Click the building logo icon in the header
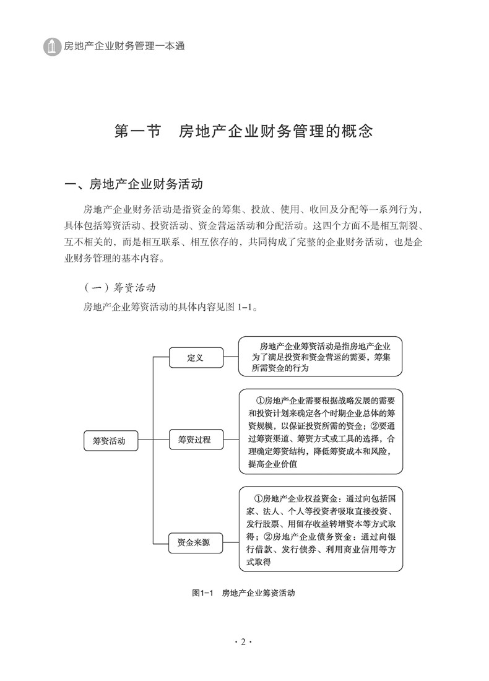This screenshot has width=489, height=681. click(52, 46)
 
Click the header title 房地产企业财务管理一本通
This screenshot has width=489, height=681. click(124, 46)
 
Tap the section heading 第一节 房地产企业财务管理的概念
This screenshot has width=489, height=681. click(244, 131)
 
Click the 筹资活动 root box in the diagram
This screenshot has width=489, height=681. click(109, 441)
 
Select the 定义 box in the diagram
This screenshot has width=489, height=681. click(196, 357)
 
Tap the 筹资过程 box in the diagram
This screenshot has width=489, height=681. click(194, 440)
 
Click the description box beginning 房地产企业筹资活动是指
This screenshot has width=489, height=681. click(320, 357)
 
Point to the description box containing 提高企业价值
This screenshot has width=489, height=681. click(320, 431)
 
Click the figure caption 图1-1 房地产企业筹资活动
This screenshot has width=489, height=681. click(243, 592)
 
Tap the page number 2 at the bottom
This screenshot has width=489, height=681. click(244, 641)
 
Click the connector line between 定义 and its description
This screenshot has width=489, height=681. click(230, 357)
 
